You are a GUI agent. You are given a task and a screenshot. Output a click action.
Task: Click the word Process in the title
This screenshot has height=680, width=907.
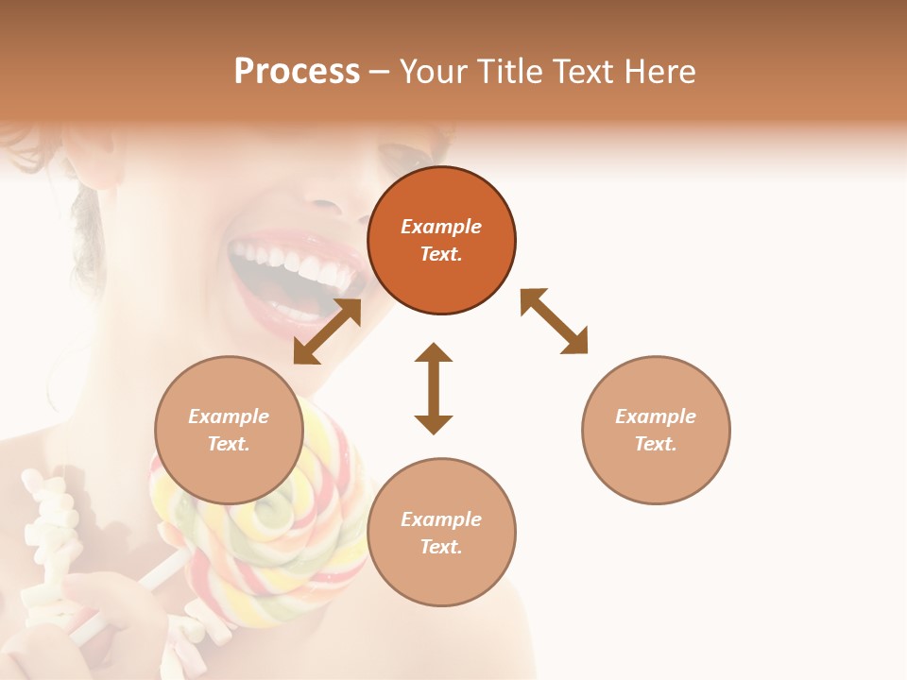coord(297,72)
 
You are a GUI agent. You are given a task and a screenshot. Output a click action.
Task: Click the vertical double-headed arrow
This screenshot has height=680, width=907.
coord(434,388)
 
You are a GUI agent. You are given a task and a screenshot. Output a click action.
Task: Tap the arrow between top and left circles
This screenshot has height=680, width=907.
coord(327,331)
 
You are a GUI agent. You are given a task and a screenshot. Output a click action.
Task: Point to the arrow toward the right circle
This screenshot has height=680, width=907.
coord(554,321)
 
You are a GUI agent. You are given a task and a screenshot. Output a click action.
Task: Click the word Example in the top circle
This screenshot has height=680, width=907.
coord(441,227)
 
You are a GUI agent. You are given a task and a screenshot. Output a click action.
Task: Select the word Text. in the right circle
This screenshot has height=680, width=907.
coord(656,444)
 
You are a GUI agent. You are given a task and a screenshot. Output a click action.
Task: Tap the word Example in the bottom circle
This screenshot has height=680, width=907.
coord(441,519)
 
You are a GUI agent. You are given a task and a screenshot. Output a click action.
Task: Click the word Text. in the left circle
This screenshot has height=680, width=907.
coord(229,444)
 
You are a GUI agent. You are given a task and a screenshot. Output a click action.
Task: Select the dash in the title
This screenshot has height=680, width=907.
coord(380,72)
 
